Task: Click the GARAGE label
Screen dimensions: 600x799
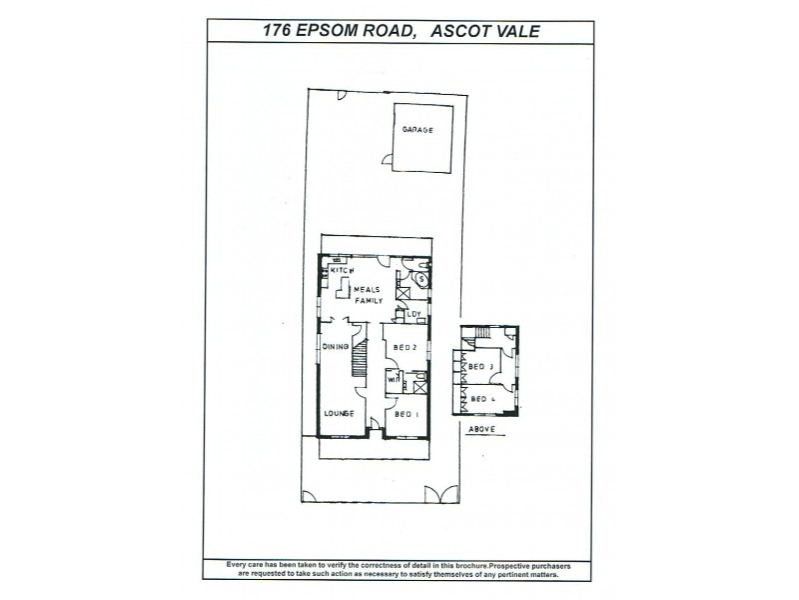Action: pos(417,130)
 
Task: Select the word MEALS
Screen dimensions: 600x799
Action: pos(366,290)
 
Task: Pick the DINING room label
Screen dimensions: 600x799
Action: pos(335,347)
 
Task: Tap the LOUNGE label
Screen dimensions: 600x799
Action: pos(338,413)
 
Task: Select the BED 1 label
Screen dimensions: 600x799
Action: pos(405,413)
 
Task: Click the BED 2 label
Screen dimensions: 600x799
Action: pos(405,347)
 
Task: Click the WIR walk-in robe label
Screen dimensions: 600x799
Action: pos(394,381)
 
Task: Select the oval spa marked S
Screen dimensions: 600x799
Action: pos(421,279)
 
